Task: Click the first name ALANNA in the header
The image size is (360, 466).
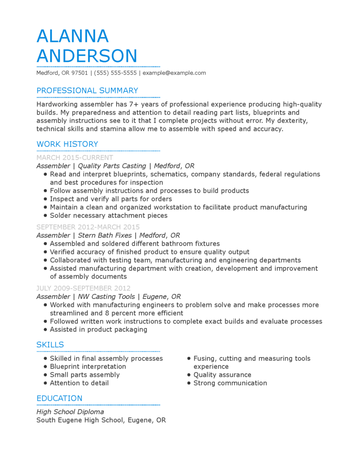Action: point(72,36)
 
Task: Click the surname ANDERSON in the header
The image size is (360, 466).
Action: point(86,56)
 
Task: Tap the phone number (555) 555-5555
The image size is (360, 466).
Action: point(116,73)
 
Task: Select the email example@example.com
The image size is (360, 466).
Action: point(174,73)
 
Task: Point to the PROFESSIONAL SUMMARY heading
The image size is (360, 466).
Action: point(87,91)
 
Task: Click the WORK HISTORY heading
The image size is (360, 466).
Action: point(67,144)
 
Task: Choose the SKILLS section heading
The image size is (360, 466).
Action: point(50,344)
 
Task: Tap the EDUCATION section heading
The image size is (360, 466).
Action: point(59,398)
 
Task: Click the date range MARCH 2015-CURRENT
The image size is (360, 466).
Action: point(75,158)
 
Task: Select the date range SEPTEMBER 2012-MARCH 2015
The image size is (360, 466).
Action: point(88,227)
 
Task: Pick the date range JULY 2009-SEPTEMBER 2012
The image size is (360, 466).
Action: point(83,288)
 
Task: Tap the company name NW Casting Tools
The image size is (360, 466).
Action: point(106,296)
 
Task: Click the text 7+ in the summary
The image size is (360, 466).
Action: point(134,104)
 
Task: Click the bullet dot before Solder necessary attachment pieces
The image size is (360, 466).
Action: point(45,216)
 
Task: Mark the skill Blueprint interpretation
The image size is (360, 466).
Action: point(88,366)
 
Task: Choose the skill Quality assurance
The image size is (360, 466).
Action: point(222,375)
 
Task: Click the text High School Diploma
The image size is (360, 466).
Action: point(70,412)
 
